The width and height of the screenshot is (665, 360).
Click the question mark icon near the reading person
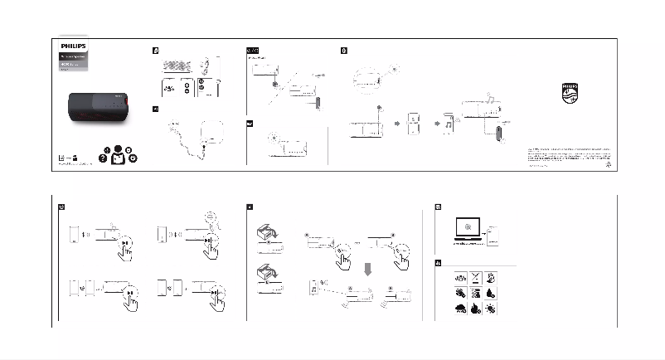pyautogui.click(x=102, y=160)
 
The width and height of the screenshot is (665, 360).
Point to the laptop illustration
pyautogui.click(x=468, y=230)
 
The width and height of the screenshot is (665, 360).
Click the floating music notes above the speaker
pyautogui.click(x=489, y=101)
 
